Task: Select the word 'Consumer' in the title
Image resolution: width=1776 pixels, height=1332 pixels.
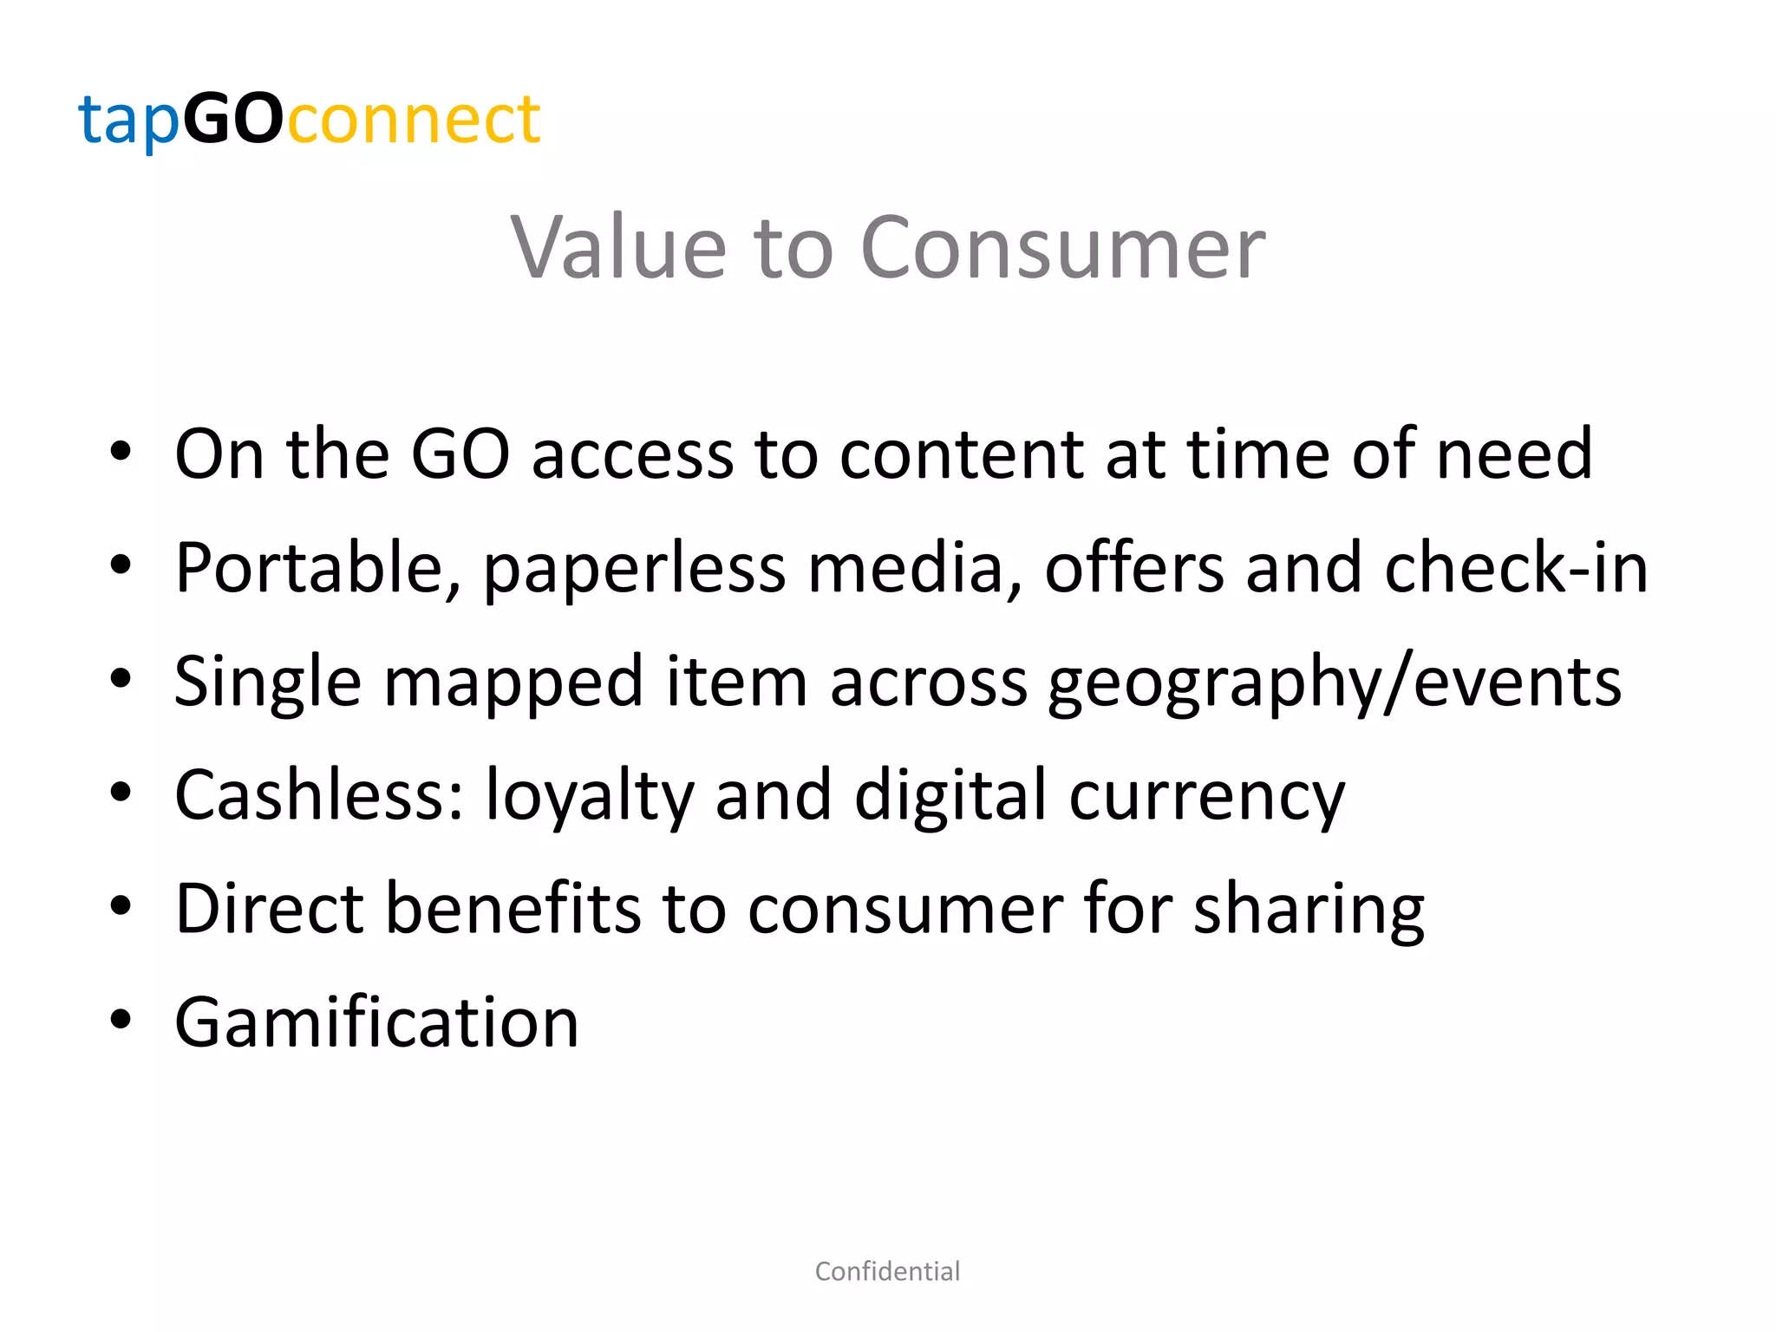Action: [1062, 248]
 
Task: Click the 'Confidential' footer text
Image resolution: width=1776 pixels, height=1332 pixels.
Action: [887, 1271]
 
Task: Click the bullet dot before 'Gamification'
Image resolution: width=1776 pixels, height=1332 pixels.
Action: [121, 1020]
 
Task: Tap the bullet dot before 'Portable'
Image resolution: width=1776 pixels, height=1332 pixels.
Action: [121, 565]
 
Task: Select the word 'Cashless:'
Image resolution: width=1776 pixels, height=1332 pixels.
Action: [319, 794]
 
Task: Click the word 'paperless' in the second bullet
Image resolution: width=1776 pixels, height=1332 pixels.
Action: [634, 569]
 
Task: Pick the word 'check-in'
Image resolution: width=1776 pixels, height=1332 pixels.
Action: [1516, 567]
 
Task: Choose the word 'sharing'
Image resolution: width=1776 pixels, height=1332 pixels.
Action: [1309, 910]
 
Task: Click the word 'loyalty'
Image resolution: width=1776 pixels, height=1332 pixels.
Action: [590, 796]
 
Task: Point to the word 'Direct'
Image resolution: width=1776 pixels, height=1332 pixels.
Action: [269, 908]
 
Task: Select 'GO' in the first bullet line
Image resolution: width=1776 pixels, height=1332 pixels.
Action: [460, 454]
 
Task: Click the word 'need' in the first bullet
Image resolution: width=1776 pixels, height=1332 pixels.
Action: [1514, 454]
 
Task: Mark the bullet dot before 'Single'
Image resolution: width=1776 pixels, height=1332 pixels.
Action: [121, 679]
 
